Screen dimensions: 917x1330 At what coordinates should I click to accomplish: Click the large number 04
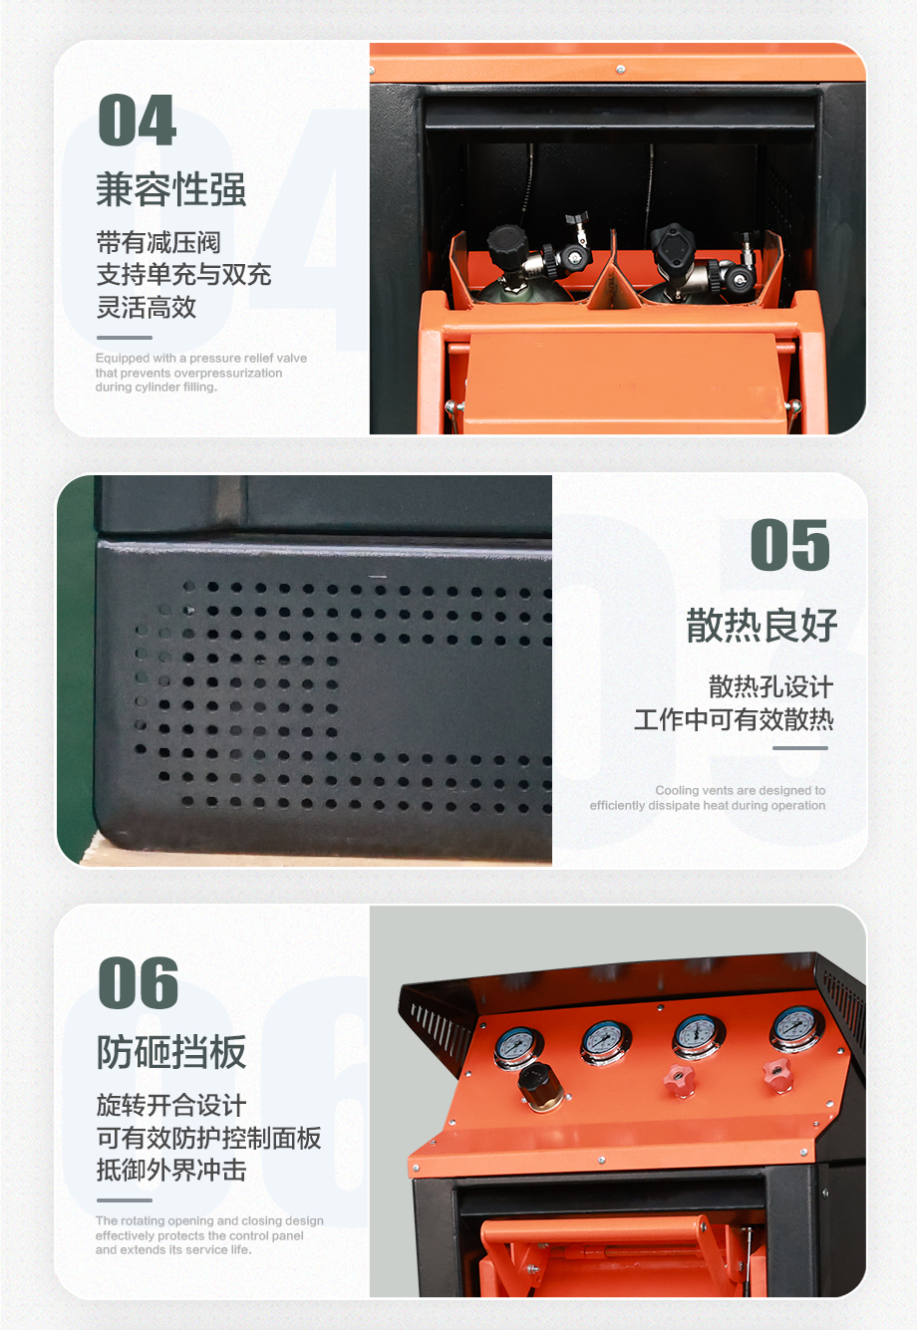138,120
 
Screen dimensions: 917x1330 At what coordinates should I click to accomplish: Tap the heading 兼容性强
171,189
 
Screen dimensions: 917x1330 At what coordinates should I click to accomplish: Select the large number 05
789,545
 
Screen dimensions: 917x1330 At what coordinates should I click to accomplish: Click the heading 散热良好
762,626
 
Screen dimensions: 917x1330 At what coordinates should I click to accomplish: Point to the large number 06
138,982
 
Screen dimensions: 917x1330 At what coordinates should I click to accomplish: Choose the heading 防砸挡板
171,1052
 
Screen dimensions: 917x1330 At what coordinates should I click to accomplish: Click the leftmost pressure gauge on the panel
517,1049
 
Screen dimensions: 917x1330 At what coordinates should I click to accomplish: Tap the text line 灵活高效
147,307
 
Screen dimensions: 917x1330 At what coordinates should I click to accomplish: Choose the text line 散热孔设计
770,687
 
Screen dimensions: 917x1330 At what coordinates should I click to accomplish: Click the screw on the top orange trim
621,69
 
